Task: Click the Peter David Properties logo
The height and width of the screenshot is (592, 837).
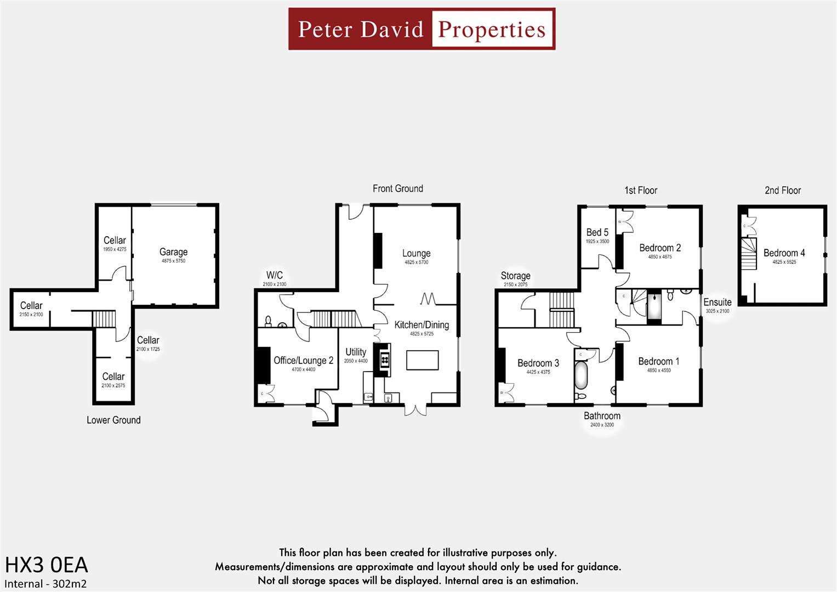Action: coord(422,29)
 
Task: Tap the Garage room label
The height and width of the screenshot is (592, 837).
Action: coord(173,252)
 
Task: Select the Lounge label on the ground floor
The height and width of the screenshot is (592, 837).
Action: coord(416,253)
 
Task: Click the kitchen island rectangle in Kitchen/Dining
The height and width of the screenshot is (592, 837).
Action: coord(422,361)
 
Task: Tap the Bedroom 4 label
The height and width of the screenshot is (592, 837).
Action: coord(784,253)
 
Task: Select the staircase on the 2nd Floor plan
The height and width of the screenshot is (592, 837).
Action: coord(749,254)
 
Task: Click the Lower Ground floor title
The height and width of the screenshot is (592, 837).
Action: coord(113,420)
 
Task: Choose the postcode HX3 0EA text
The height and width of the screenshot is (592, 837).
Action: coord(47,565)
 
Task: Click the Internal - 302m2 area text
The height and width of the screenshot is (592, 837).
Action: coord(45,584)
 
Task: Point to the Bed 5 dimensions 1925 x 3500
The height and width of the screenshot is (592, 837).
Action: coord(597,241)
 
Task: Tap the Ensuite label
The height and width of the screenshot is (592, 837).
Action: coord(717,302)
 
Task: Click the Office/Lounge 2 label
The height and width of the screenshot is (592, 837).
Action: coord(303,360)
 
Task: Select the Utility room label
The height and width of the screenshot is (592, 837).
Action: coord(356,352)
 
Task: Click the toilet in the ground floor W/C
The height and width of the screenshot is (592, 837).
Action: coord(268,320)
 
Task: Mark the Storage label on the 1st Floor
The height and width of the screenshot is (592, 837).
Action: coord(515,276)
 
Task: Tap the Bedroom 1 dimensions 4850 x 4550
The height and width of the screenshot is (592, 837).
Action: coord(658,371)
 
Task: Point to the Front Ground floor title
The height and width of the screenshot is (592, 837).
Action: coord(397,189)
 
